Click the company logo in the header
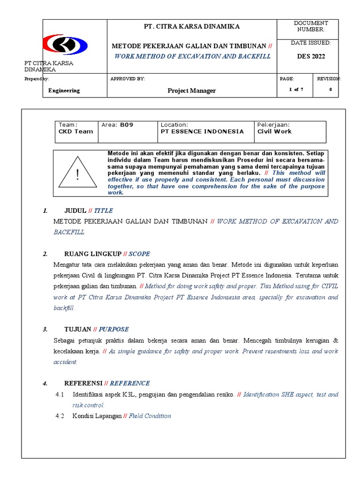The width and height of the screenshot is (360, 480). pos(66,45)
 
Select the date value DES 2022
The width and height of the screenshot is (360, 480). pos(311,57)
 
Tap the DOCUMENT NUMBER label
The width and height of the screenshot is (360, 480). pos(311,26)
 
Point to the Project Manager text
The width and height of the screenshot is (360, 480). pos(192,91)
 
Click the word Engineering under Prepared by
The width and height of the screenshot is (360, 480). pos(64,91)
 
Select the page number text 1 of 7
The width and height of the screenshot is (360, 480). pos(296,90)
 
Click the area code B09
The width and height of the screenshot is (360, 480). pos(127,125)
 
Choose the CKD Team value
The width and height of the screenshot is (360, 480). pos(75,132)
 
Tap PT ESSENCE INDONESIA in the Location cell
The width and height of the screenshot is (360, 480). pos(202,132)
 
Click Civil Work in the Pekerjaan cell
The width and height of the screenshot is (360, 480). pos(274,132)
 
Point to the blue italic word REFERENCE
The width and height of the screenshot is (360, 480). pos(130,383)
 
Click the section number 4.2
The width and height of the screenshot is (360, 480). pos(60,416)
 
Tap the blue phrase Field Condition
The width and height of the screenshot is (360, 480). pos(150,416)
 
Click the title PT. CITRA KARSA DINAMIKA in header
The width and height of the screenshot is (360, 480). pos(192,27)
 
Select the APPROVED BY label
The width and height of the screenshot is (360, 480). pos(127,79)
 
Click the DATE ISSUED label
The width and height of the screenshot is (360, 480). pos(311,43)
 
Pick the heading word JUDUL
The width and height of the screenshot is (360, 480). pos(75,211)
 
